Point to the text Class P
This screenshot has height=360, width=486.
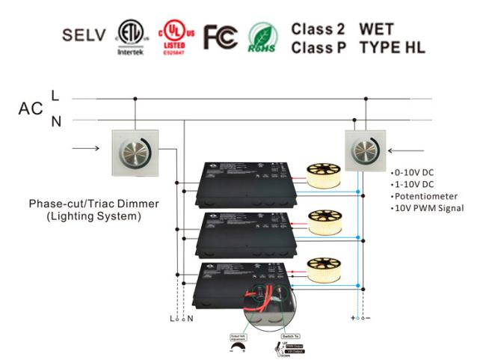pyautogui.click(x=317, y=47)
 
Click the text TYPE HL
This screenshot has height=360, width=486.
pyautogui.click(x=392, y=47)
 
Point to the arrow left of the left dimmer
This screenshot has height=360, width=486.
pyautogui.click(x=86, y=147)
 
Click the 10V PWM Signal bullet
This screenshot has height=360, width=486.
pyautogui.click(x=429, y=207)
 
